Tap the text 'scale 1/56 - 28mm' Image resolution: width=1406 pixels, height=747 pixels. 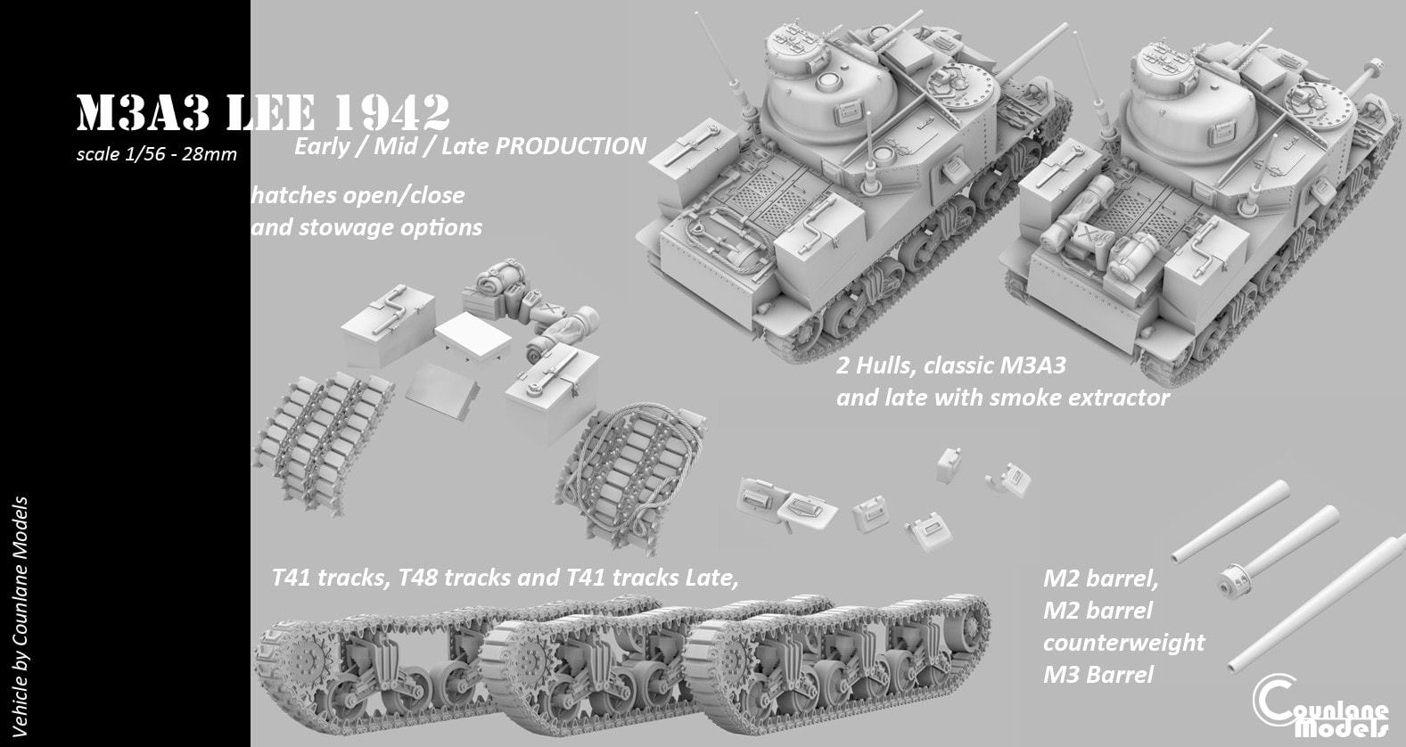click(157, 154)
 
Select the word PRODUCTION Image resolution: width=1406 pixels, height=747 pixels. click(570, 145)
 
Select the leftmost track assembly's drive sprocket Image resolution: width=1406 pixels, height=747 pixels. click(304, 664)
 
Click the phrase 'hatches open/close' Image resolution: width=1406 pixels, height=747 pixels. click(358, 193)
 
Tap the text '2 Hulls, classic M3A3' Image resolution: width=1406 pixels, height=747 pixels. click(950, 365)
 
